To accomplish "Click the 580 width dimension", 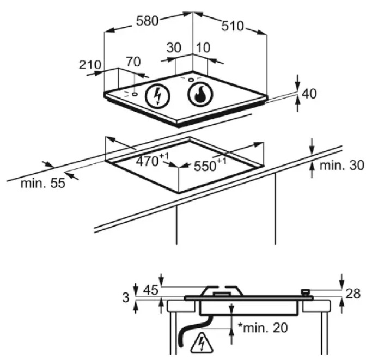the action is point(147,21).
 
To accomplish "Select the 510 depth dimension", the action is point(233,26).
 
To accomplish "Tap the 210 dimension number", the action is point(90,65).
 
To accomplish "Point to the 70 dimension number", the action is point(133,62).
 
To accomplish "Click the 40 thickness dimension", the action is point(309,94).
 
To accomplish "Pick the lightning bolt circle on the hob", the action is point(157,97).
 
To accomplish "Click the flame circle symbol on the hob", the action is point(200,95).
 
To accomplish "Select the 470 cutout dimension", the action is point(153,160).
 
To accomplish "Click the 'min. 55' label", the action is point(43,183).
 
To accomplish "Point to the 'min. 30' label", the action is point(342,166).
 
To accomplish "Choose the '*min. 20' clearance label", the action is point(263,327).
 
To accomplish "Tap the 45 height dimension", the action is point(151,290).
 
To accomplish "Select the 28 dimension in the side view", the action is point(353,294).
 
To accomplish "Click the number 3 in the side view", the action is point(126,297).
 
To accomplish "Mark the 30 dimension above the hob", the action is point(174,47).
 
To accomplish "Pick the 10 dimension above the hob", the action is point(204,47).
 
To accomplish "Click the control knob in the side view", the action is point(306,292).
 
